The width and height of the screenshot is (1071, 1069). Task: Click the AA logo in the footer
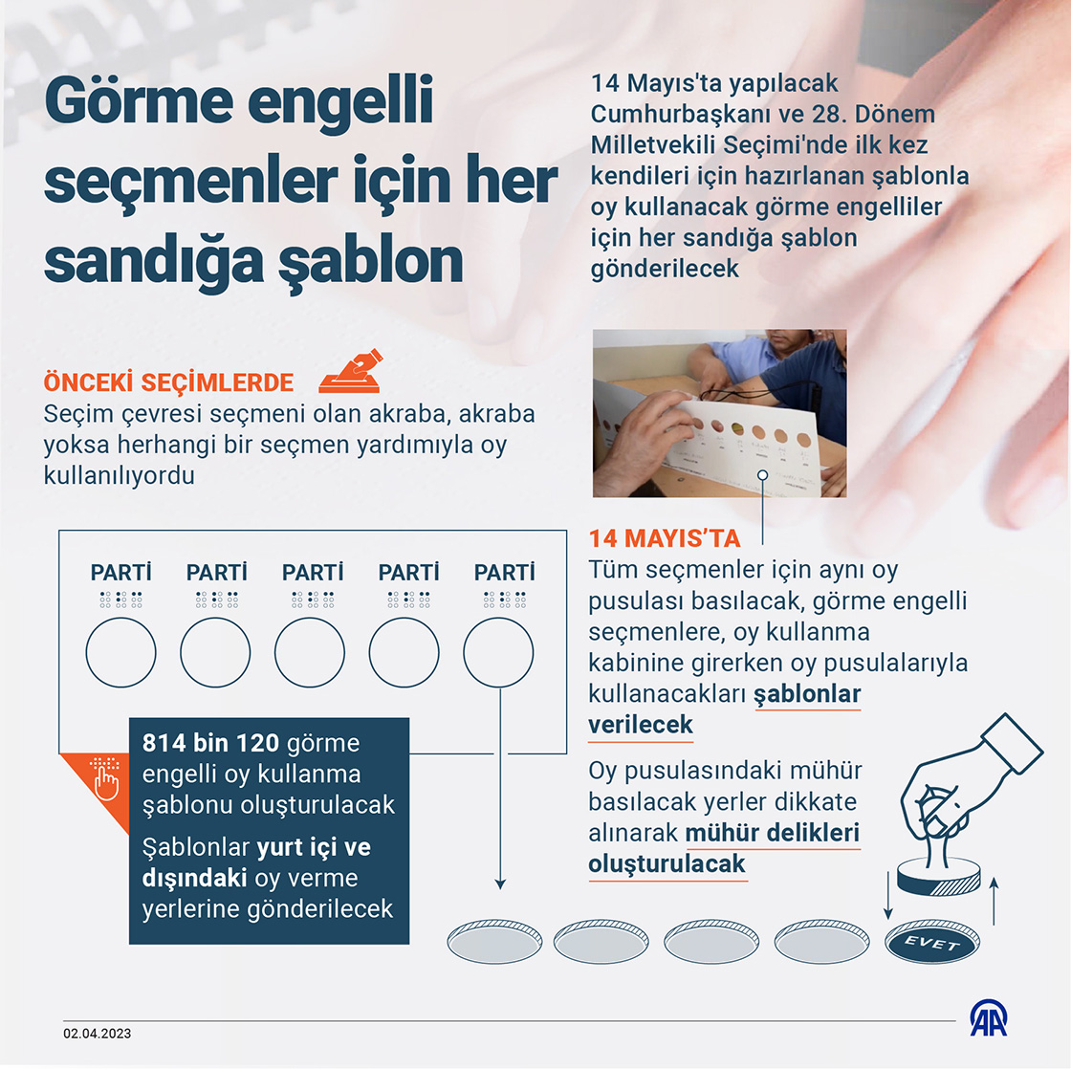click(989, 1019)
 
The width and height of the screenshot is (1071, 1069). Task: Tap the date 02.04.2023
click(98, 1034)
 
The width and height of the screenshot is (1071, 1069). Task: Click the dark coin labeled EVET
click(931, 944)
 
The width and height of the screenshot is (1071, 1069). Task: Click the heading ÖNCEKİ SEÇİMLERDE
click(168, 383)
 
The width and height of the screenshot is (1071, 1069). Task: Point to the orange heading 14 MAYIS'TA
click(665, 539)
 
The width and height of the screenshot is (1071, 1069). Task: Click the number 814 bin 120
click(210, 743)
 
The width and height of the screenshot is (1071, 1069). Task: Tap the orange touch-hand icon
click(104, 778)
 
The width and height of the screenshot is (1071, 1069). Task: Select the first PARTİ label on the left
click(120, 573)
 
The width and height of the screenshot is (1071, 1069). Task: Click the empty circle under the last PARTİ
click(498, 653)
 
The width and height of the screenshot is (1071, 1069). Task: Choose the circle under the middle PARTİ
click(310, 653)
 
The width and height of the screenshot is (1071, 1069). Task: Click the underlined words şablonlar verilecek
click(724, 709)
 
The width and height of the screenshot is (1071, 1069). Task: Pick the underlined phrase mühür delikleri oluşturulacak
click(724, 848)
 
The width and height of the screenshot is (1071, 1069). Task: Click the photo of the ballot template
click(719, 413)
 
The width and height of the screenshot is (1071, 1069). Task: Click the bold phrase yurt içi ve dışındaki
click(256, 862)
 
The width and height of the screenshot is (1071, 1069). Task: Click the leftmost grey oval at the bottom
click(494, 942)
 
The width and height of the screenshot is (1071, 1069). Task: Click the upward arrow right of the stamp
click(994, 902)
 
